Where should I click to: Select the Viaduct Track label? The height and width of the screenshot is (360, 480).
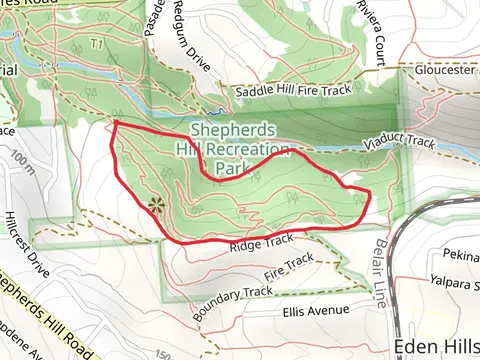click(398, 144)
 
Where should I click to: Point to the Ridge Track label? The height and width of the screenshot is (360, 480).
click(261, 242)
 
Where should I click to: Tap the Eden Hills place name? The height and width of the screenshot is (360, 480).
click(437, 346)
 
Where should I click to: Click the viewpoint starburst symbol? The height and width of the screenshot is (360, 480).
click(155, 206)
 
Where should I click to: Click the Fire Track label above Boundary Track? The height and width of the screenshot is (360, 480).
click(290, 267)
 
